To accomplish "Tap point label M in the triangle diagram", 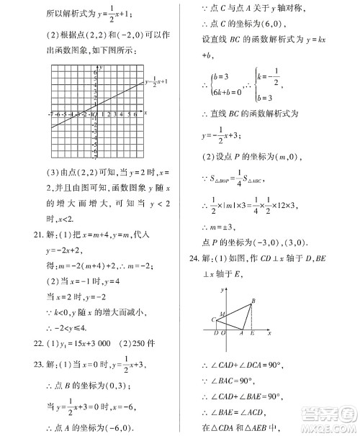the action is pos(221,314).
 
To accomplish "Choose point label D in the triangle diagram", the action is pos(216,334).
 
